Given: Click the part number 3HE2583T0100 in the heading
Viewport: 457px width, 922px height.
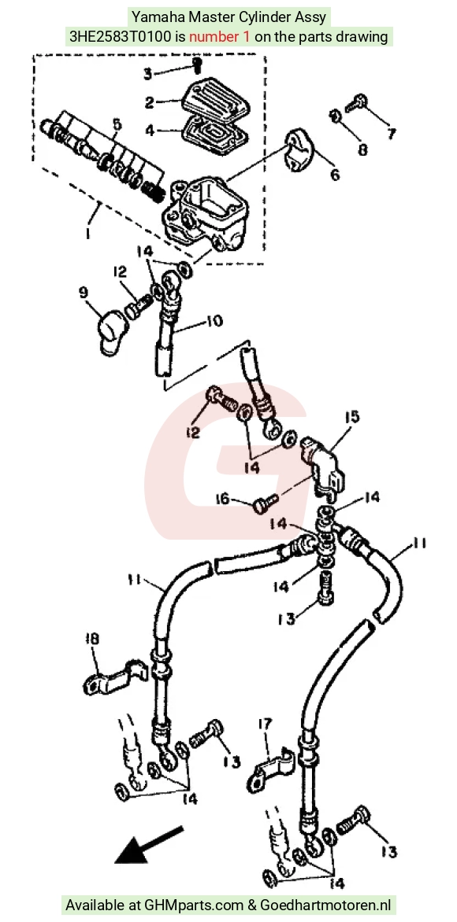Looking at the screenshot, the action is tap(120, 36).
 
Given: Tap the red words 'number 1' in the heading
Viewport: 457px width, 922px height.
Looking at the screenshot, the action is tap(220, 36).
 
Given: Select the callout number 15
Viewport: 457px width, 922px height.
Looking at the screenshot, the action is tap(351, 418).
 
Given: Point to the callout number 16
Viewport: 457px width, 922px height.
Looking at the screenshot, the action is tap(221, 500).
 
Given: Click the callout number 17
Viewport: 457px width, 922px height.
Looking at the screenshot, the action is tap(265, 725).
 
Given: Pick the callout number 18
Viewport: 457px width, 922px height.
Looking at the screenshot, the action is tap(92, 639).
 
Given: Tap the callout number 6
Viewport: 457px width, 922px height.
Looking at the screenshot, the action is tap(335, 175).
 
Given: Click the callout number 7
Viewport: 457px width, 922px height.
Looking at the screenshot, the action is tap(392, 134).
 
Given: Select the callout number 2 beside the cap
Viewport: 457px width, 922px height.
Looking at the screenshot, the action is tap(149, 102).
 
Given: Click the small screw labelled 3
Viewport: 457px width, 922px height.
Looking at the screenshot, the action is tap(198, 65).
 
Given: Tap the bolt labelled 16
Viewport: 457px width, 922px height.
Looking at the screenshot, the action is tap(266, 503).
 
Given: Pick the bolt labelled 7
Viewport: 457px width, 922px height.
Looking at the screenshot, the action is tap(355, 104).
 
